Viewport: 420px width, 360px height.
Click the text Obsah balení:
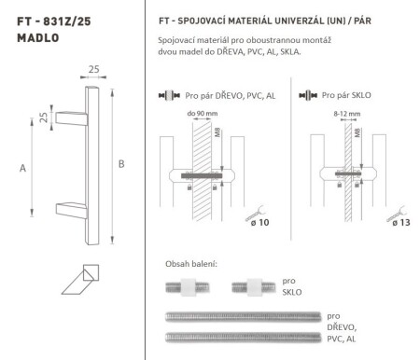coord(190,264)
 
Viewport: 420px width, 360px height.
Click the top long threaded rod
coord(242,315)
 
